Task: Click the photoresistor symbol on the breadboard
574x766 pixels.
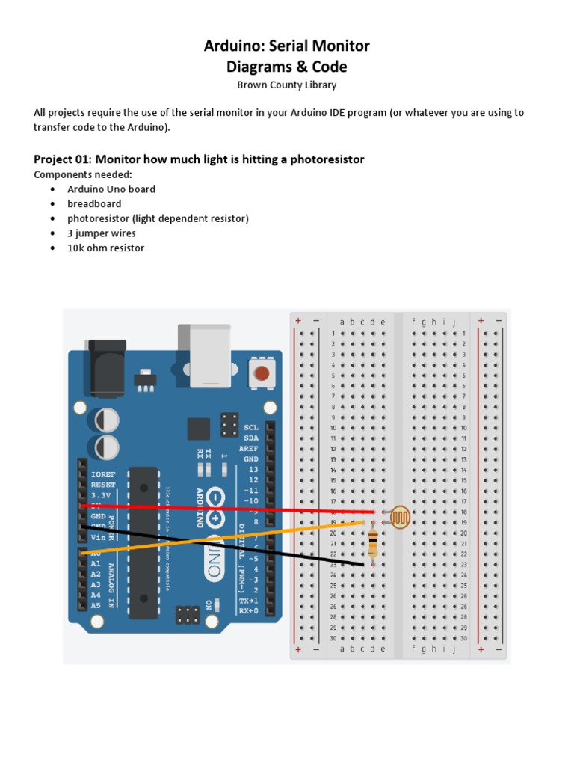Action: click(400, 516)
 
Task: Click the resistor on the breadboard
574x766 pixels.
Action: click(373, 543)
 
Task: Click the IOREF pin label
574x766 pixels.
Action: click(102, 474)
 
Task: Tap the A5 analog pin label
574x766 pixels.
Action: click(96, 605)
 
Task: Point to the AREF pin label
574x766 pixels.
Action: click(248, 448)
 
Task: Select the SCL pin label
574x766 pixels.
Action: click(250, 427)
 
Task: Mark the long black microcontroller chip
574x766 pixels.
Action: click(143, 542)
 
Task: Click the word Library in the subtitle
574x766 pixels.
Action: click(320, 85)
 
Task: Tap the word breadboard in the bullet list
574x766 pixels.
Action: click(94, 203)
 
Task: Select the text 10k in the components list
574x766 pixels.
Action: click(75, 248)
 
